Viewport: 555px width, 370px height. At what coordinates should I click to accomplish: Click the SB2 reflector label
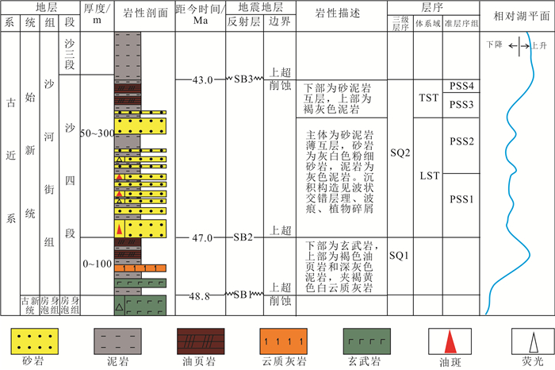point(243,237)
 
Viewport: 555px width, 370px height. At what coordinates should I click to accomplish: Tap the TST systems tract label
point(429,97)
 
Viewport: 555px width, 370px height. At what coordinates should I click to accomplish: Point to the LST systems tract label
point(429,175)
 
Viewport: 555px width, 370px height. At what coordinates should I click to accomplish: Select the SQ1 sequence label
point(398,256)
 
